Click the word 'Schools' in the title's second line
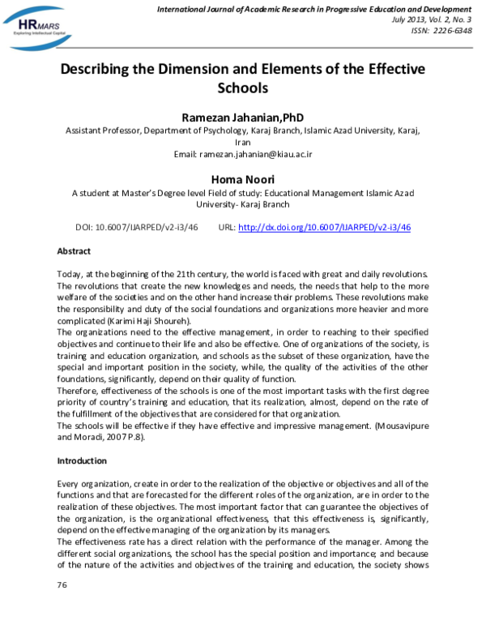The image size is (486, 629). (242, 88)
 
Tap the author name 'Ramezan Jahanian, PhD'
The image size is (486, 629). (242, 118)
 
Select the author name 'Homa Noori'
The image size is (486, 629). (242, 178)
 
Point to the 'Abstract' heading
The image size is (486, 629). (74, 252)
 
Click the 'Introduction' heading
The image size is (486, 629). (81, 460)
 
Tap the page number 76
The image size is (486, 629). (62, 584)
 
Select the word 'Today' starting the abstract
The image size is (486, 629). (70, 276)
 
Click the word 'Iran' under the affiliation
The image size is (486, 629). (242, 141)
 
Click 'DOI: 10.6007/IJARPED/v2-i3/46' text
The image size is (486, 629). (136, 228)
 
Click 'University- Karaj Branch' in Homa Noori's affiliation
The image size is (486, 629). (242, 206)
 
